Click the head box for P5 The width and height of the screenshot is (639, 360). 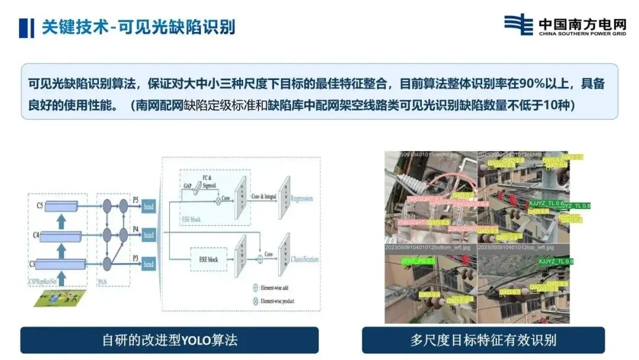148,205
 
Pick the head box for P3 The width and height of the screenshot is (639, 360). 148,264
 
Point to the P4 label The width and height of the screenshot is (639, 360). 135,228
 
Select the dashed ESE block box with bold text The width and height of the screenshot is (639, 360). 204,259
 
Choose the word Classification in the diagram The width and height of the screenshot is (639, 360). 305,259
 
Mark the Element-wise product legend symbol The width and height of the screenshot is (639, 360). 256,301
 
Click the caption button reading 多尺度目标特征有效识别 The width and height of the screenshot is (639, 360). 483,340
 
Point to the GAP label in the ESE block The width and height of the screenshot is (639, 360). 188,186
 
